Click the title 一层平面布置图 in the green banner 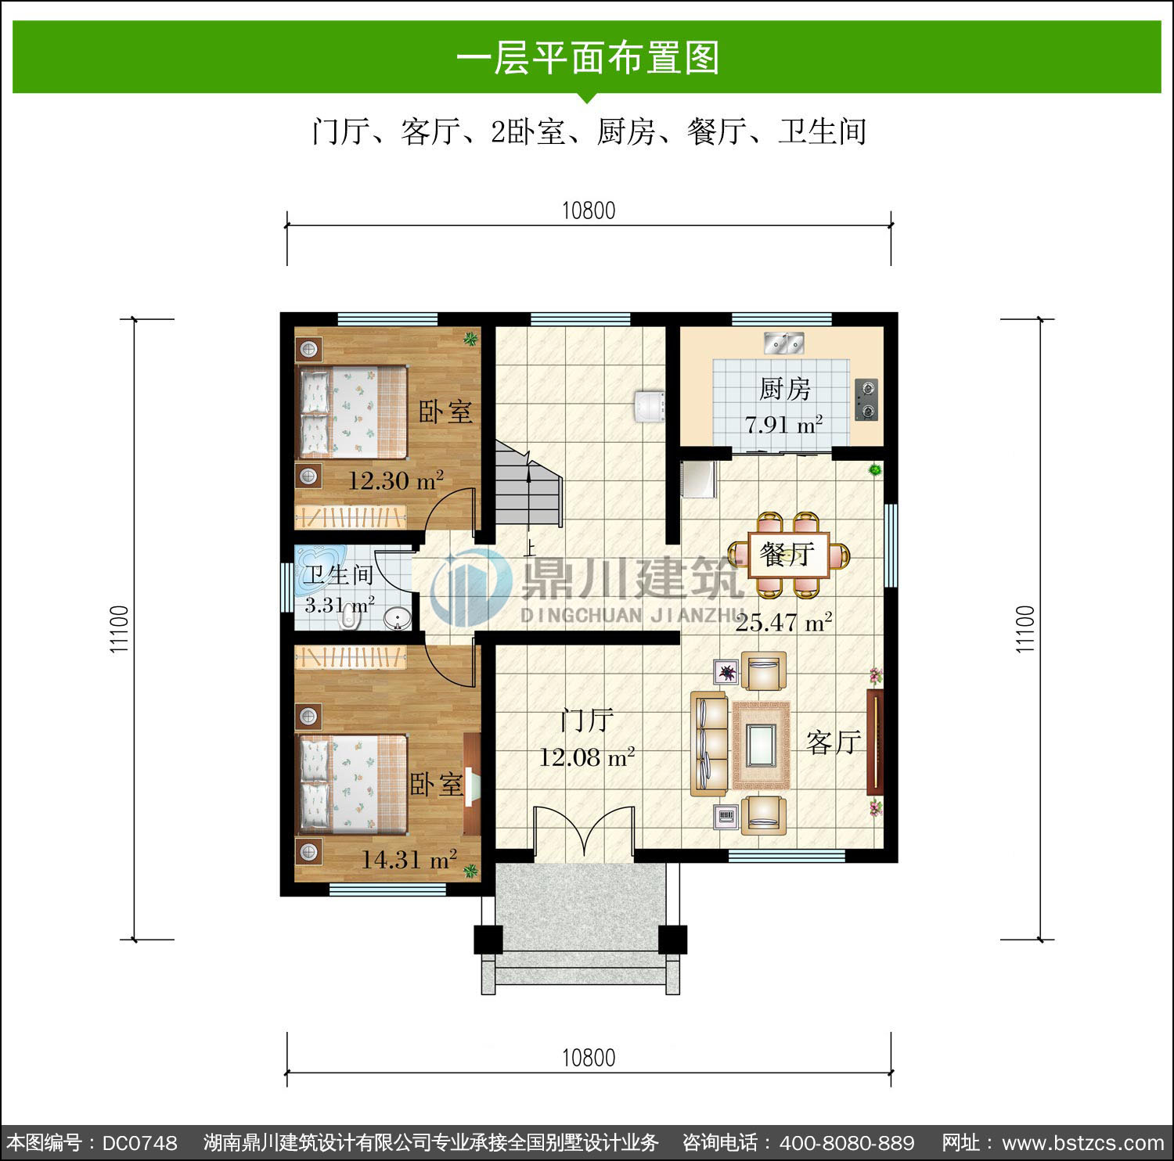click(x=588, y=58)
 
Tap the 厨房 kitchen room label click(x=784, y=389)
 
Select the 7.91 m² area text click(x=783, y=425)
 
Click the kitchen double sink click(x=784, y=343)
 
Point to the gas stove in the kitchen click(x=866, y=400)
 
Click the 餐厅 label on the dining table click(x=787, y=555)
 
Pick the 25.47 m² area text click(x=783, y=623)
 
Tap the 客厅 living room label click(x=834, y=742)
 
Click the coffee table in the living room click(x=761, y=746)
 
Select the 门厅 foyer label click(x=587, y=721)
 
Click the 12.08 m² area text click(x=586, y=757)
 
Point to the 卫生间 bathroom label click(x=338, y=575)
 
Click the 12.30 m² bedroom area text click(x=395, y=480)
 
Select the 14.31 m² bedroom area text click(x=409, y=860)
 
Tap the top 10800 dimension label click(x=589, y=210)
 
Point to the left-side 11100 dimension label click(x=119, y=629)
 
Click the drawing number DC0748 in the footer click(x=140, y=1143)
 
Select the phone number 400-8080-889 click(x=847, y=1143)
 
